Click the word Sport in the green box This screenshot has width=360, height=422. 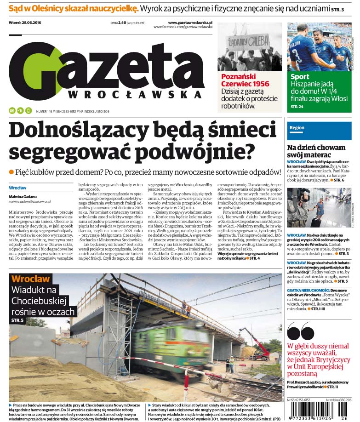pyautogui.click(x=300, y=77)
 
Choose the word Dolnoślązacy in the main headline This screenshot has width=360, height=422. pyautogui.click(x=72, y=130)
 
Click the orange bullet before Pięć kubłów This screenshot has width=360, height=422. pyautogui.click(x=11, y=171)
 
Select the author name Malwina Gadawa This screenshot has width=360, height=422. pyautogui.click(x=22, y=196)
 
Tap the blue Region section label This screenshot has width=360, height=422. pyautogui.click(x=297, y=128)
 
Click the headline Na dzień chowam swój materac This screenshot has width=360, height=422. pyautogui.click(x=316, y=151)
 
